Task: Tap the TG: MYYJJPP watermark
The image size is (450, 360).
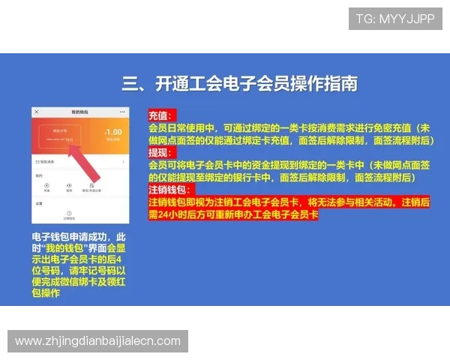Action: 395,19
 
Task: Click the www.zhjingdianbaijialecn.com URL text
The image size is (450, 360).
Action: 98,341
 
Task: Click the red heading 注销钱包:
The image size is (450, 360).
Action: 169,190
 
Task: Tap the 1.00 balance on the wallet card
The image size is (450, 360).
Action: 112,133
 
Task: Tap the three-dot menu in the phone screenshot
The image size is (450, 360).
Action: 121,112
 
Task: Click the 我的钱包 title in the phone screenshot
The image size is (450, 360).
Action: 80,112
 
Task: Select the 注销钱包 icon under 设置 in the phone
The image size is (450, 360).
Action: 69,214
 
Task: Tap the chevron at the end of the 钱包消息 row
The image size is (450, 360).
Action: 123,161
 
